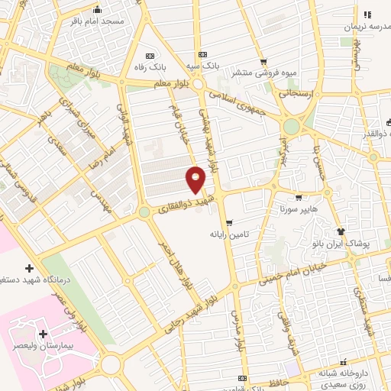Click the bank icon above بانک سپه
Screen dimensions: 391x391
pos(202,55)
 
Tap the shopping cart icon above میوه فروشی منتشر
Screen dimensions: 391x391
pos(263,62)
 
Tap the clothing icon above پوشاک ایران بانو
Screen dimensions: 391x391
pos(341,231)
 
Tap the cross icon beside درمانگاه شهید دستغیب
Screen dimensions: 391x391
pos(29,268)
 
